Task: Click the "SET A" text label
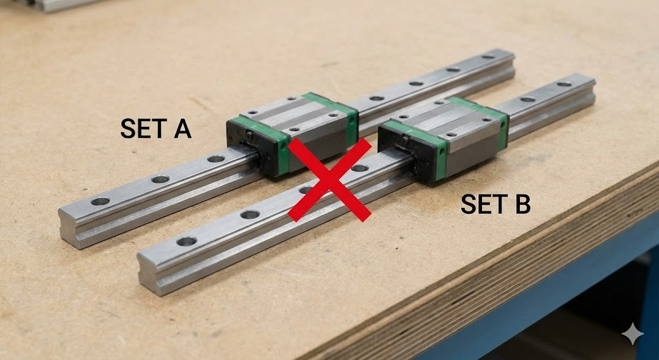tap(156, 129)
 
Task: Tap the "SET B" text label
tap(496, 205)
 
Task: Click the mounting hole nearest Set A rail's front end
tap(100, 202)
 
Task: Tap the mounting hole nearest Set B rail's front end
tap(187, 242)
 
